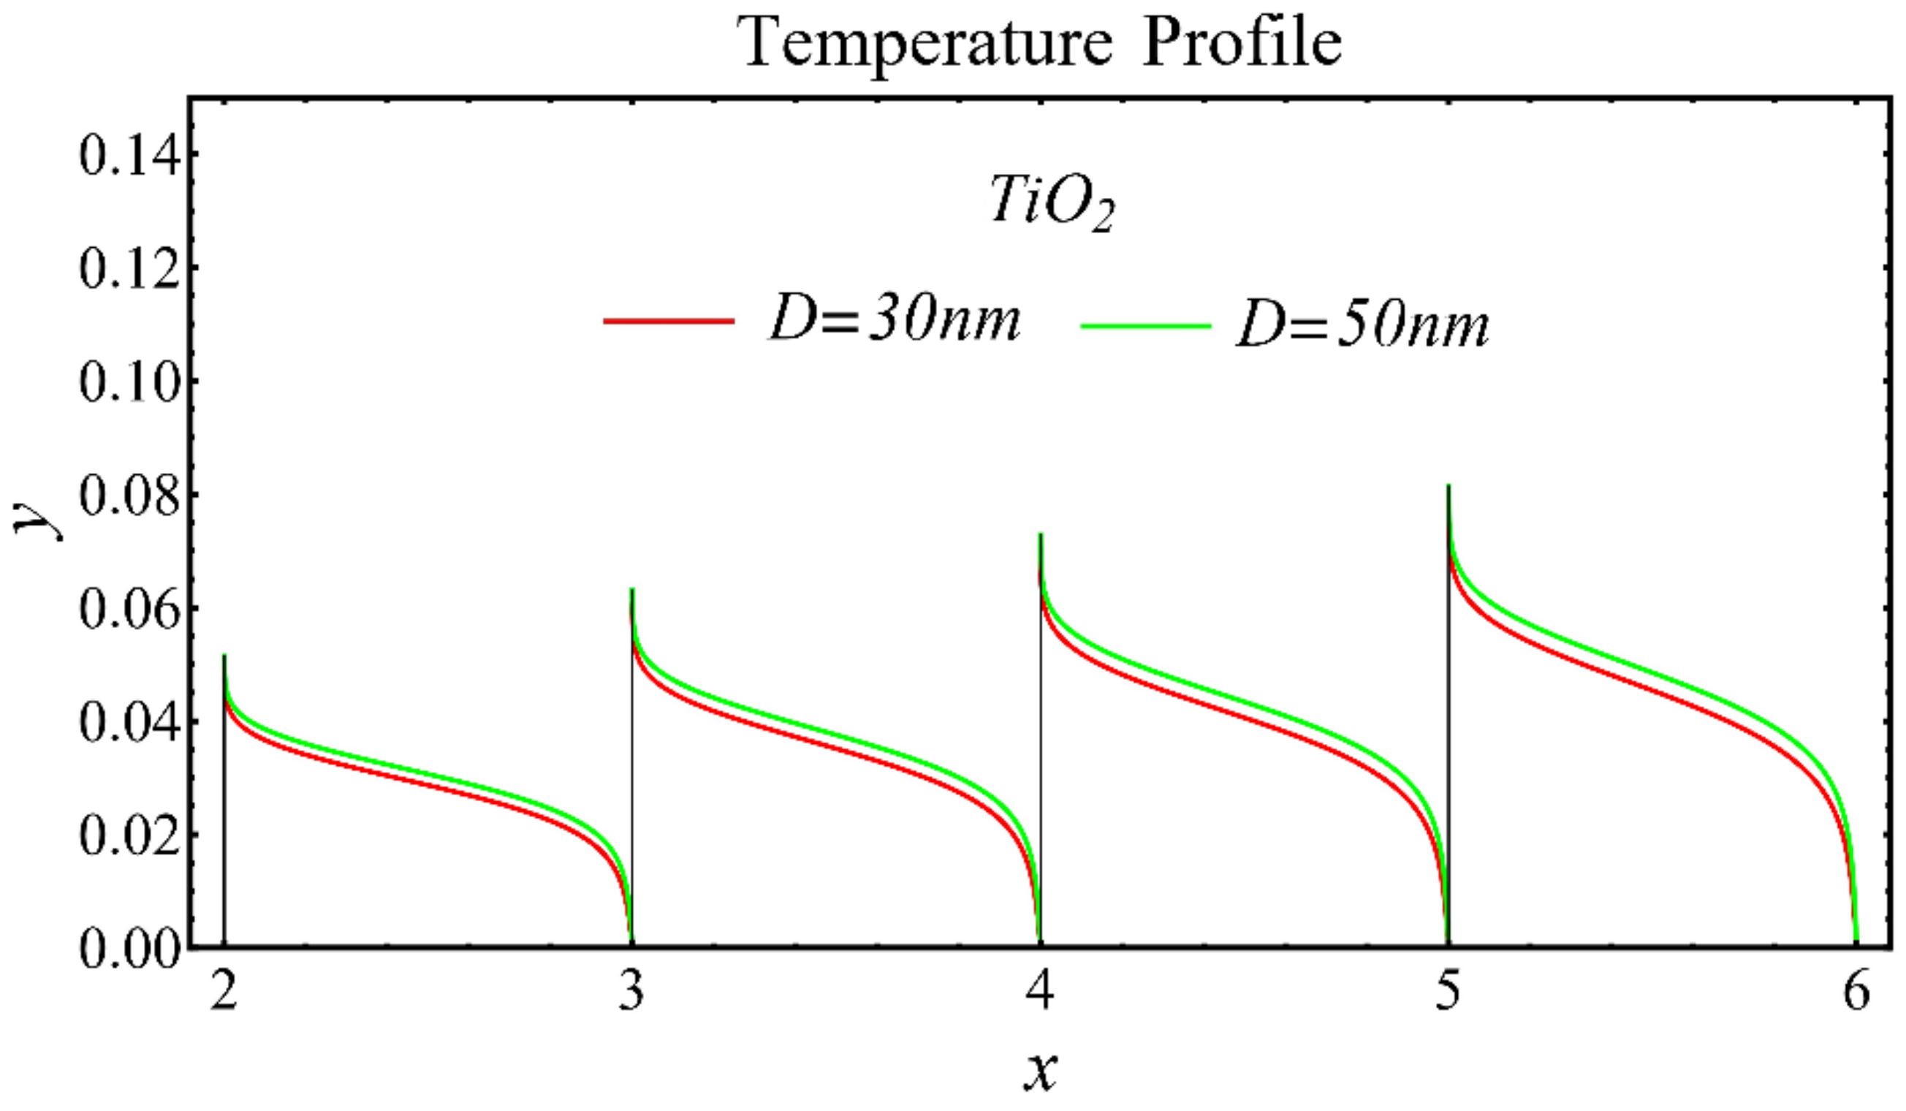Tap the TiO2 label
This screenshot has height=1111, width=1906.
[1052, 205]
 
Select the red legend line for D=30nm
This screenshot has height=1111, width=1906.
[669, 322]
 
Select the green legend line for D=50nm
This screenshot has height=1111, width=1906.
[1147, 326]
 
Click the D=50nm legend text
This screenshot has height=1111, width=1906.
[1362, 327]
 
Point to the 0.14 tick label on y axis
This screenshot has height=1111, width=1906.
[130, 156]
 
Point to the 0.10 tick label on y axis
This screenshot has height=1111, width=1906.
[130, 384]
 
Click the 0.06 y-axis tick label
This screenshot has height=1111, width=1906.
[130, 610]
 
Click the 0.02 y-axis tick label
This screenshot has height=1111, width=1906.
[130, 836]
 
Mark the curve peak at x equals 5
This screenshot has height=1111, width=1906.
[1449, 487]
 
